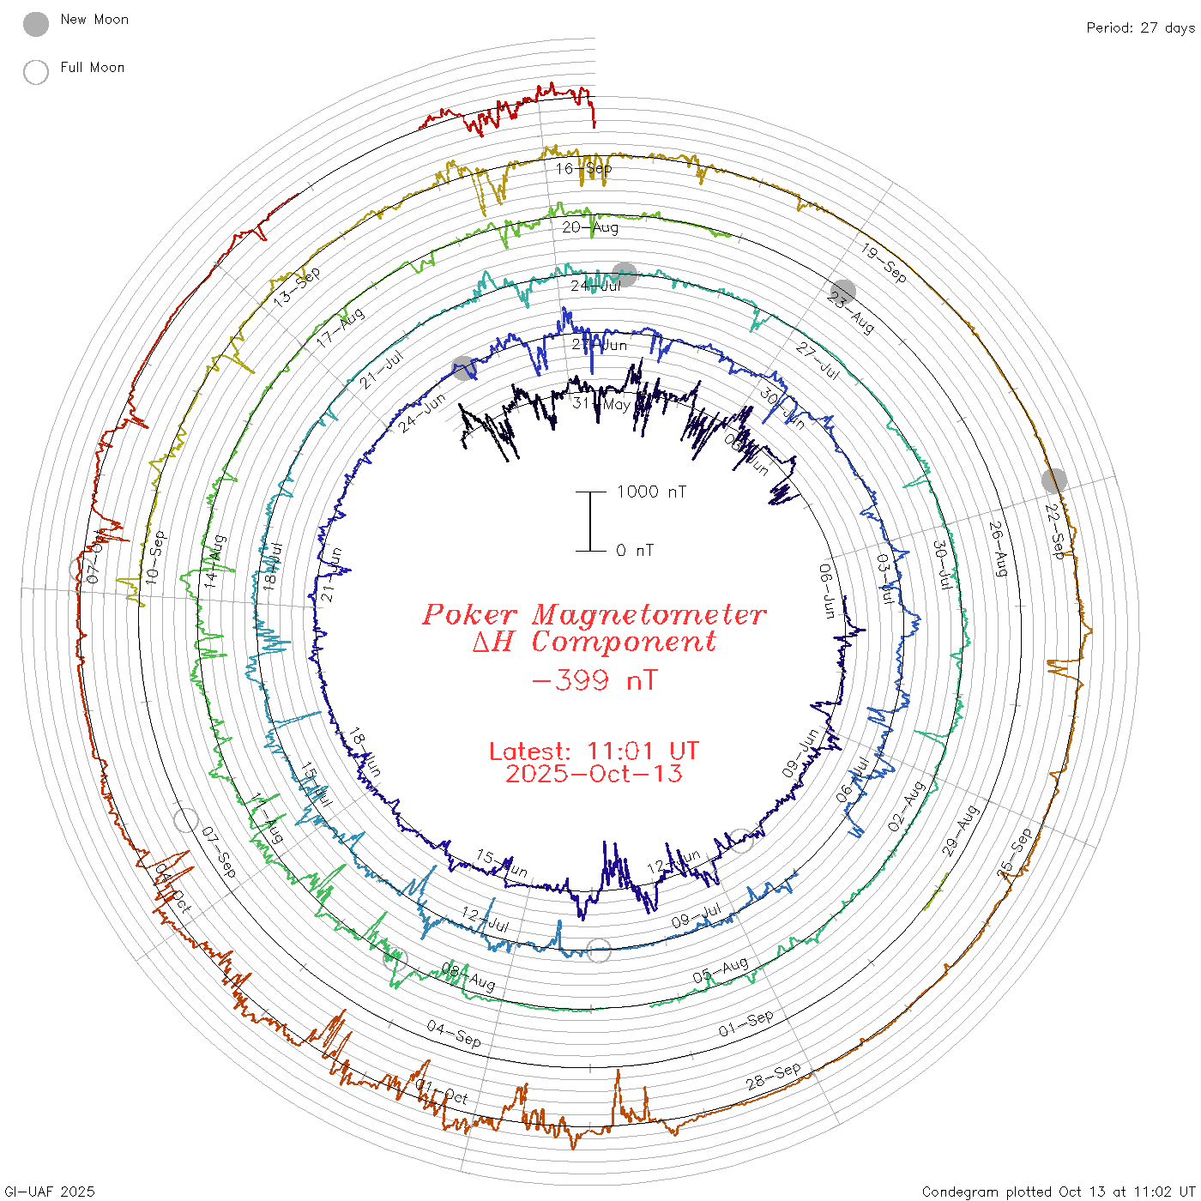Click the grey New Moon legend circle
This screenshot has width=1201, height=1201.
[x=36, y=25]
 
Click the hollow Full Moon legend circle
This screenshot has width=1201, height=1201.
[x=36, y=72]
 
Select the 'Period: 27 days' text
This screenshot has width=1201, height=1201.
[x=1140, y=28]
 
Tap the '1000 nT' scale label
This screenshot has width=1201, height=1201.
[x=651, y=492]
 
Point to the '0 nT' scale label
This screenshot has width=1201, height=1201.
[x=635, y=551]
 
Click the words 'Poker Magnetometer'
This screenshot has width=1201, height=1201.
[x=594, y=614]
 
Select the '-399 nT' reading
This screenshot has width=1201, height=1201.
[x=594, y=681]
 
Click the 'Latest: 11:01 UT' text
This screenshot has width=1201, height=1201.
[x=594, y=751]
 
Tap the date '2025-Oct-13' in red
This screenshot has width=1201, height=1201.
[x=594, y=774]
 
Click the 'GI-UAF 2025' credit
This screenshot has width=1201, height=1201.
[x=50, y=1192]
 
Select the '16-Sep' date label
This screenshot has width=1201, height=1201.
[x=584, y=169]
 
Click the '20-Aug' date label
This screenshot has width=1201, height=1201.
[x=590, y=227]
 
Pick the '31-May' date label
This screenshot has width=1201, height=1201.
[x=601, y=404]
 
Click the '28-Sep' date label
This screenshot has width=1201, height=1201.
[x=773, y=1076]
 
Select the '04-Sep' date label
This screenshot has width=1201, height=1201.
[x=454, y=1034]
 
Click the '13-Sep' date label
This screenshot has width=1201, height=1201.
[x=297, y=287]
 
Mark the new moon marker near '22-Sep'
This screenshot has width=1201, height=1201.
[x=1054, y=480]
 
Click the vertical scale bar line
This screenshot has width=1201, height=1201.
[x=590, y=522]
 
